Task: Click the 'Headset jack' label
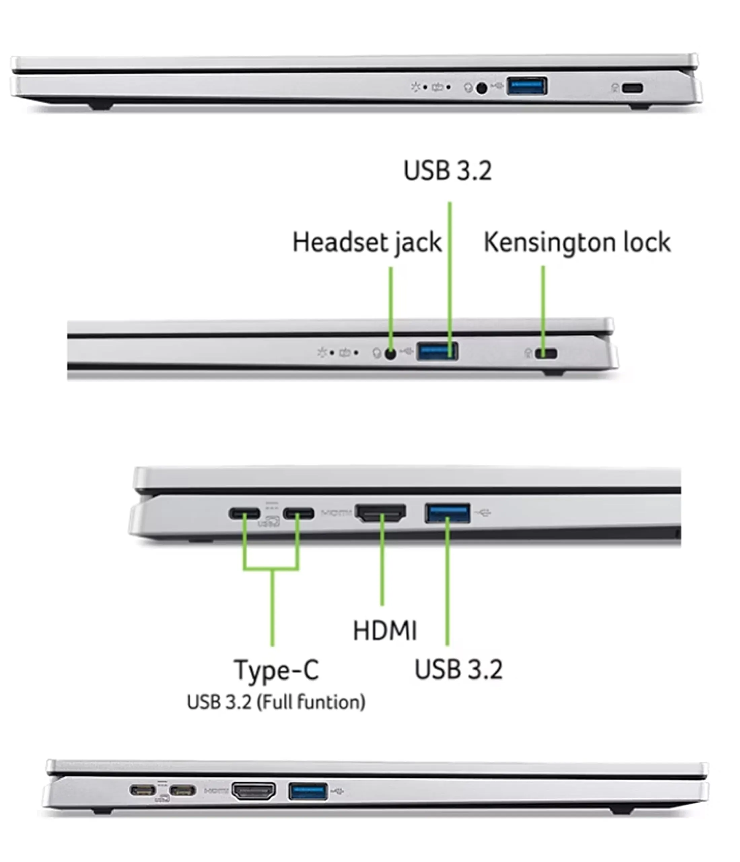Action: (x=367, y=242)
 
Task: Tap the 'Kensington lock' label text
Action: (x=577, y=242)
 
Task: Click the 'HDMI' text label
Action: (x=385, y=630)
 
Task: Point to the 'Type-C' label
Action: (x=277, y=670)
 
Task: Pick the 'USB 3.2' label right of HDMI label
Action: (x=459, y=669)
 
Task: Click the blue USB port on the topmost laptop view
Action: (x=527, y=87)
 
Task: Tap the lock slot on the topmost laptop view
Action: (x=632, y=88)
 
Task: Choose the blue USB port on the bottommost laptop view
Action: (x=308, y=791)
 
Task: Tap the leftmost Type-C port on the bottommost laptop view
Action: (x=143, y=790)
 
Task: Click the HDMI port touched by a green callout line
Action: (x=380, y=513)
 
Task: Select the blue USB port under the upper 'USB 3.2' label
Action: (x=437, y=352)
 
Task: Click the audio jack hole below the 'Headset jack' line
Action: (x=390, y=354)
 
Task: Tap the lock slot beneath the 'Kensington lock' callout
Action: (x=546, y=354)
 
